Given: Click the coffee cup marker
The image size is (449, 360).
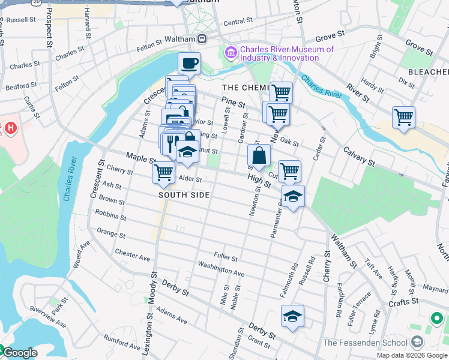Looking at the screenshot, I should [189, 63].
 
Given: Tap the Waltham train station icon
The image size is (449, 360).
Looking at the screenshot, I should [202, 38].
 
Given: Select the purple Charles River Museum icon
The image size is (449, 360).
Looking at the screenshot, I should [231, 54].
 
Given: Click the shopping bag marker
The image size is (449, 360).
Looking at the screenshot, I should [258, 156].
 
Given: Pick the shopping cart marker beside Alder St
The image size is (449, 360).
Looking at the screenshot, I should [163, 172].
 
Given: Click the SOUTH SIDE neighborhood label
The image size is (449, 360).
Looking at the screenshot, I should [184, 195].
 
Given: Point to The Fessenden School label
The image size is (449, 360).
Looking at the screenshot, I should [366, 343].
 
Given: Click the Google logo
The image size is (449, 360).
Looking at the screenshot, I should [19, 353].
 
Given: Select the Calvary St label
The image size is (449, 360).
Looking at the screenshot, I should [358, 158].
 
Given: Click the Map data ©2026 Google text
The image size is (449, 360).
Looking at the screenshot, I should [411, 355].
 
